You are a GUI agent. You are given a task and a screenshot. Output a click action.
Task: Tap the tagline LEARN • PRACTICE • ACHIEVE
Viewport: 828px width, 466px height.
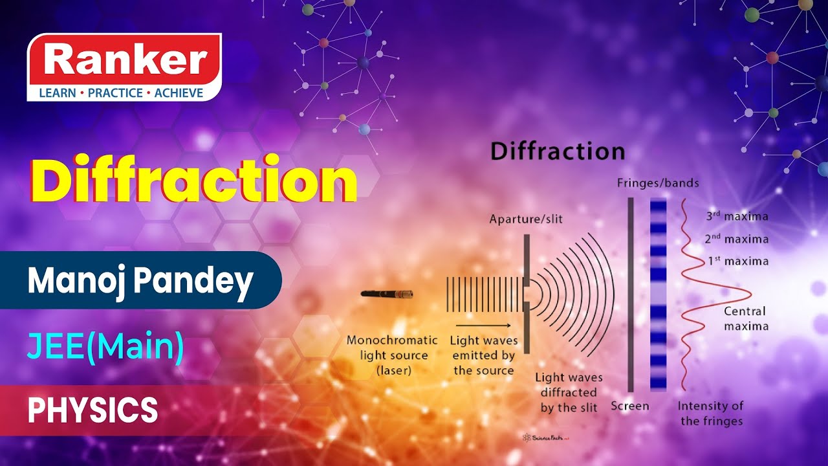pos(121,93)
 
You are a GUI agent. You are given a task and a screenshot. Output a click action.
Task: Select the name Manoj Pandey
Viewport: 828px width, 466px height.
pos(140,281)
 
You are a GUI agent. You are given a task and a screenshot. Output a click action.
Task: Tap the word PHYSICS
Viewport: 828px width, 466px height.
pos(93,410)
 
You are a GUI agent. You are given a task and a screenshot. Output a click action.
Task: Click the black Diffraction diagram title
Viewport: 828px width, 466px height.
pos(558,151)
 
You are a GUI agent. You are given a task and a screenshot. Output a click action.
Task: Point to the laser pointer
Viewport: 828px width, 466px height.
pos(387,294)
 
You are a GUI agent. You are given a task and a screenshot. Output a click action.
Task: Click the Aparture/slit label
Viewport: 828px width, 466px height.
pos(526,219)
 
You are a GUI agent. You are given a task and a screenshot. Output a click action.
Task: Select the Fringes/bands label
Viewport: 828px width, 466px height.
pos(658,183)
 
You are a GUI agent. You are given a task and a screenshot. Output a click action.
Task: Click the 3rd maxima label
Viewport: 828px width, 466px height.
pos(737,217)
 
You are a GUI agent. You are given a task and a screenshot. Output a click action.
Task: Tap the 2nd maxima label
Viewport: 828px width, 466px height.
pos(737,239)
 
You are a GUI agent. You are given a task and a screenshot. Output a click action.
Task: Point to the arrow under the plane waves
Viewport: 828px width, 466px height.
pos(483,325)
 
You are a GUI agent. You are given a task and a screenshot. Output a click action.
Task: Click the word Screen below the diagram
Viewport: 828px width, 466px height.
pos(630,406)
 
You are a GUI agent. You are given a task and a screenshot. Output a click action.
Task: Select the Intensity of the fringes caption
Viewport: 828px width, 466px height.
pos(711,414)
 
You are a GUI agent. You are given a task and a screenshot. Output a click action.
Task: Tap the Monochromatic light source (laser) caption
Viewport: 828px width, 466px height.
pos(392,355)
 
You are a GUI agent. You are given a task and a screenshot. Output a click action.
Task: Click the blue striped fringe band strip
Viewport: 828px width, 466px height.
pos(658,294)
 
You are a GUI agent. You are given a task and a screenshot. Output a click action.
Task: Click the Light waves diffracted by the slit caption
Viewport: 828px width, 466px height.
pos(569,392)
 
